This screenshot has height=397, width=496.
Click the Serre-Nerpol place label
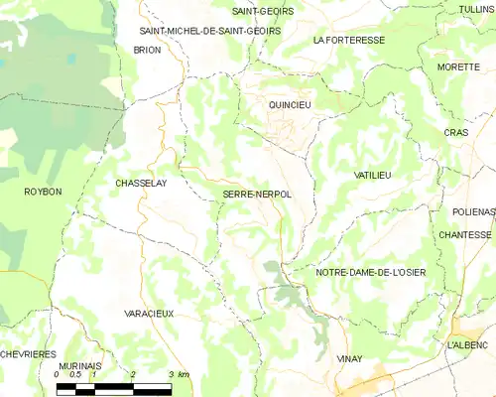[x=257, y=195]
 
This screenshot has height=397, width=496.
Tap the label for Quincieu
[x=290, y=103]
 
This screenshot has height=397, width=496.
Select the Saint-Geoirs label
[x=254, y=12]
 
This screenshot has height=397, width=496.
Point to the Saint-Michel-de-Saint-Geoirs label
[x=209, y=31]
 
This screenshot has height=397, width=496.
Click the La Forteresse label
[x=347, y=41]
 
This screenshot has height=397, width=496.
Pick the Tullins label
[x=477, y=9]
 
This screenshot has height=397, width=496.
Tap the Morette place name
[x=457, y=67]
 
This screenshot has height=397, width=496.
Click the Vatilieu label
[x=373, y=175]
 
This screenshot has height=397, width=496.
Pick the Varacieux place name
[x=149, y=314]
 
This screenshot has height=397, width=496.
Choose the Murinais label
[x=81, y=366]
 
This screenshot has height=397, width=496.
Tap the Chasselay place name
[x=140, y=184]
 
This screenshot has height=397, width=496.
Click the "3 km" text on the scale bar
[x=180, y=375]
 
